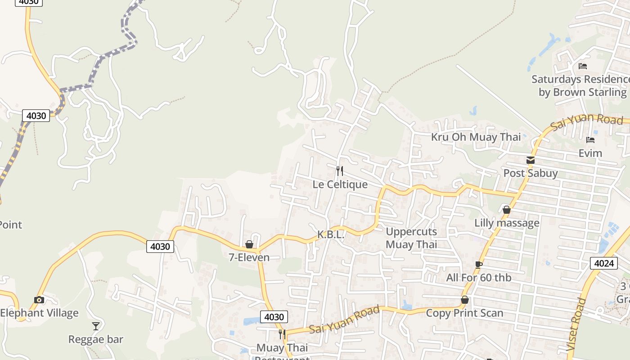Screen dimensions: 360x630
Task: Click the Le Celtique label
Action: pos(340,184)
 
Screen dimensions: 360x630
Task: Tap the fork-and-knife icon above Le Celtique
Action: pos(340,171)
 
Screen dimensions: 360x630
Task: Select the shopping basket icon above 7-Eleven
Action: pos(249,244)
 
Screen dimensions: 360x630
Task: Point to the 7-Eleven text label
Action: pos(249,257)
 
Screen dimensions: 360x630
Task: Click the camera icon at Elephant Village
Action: pos(39,300)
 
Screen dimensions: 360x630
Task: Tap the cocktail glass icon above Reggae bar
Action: pos(96,326)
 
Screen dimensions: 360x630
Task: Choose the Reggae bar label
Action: pos(96,339)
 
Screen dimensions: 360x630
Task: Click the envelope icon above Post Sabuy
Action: pos(531,160)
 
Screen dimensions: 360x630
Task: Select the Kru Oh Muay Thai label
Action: pos(476,137)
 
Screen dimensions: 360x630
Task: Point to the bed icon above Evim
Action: pos(590,140)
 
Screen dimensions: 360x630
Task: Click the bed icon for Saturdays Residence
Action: pos(583,66)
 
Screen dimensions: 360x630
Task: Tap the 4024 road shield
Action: pos(603,263)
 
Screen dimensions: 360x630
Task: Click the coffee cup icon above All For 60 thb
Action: pos(479,265)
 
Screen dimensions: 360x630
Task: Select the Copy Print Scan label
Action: pos(464,313)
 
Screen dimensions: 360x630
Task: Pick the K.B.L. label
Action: pos(331,234)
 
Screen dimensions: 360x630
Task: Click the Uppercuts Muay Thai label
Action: pos(411,238)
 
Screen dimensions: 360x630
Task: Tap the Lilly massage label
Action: pos(507,223)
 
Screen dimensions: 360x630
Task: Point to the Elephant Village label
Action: pos(39,313)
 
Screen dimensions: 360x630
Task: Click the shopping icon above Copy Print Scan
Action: pos(465,300)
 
